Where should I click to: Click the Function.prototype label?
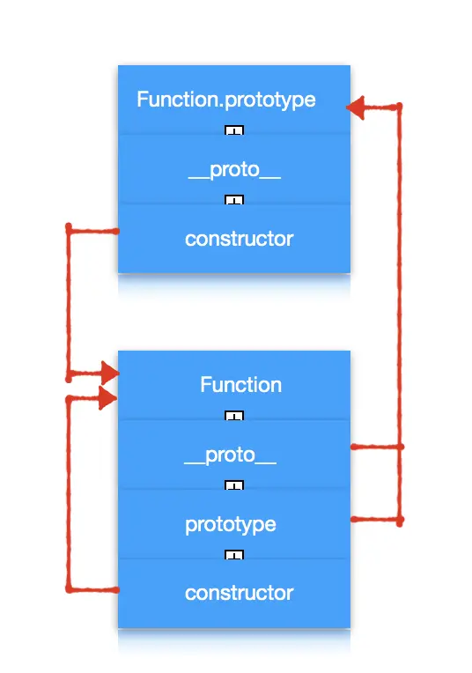point(226,100)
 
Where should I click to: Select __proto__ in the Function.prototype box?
point(234,170)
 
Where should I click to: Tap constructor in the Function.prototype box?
point(239,239)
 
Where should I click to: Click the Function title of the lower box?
point(240,385)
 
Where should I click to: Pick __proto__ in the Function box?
point(230,455)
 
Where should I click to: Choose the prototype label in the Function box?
point(231,525)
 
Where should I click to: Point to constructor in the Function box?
point(239,593)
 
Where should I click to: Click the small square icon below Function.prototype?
point(234,130)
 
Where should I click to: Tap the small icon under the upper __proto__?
point(234,200)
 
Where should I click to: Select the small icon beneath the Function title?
point(234,416)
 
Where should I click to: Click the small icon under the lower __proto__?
point(234,485)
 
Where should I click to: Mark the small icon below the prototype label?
point(234,555)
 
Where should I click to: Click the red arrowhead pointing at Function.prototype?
point(355,107)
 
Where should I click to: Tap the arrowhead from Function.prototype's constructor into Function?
point(110,373)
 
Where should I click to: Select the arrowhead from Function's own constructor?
point(107,398)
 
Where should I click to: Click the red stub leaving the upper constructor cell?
point(93,232)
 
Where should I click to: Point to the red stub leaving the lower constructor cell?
point(93,590)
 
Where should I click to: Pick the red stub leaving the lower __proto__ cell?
point(377,447)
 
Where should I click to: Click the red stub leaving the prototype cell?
point(377,520)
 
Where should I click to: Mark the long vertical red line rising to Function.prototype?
point(400,314)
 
